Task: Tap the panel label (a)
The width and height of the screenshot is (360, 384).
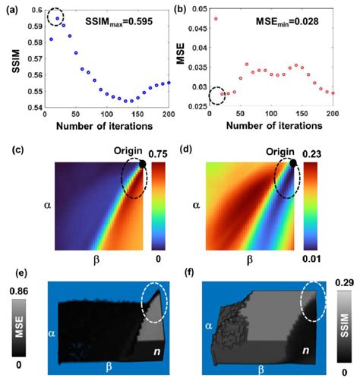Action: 14,7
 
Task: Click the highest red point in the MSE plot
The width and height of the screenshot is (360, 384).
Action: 216,19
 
